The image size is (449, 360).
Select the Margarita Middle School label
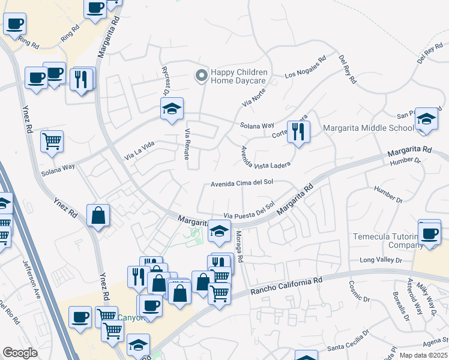368,128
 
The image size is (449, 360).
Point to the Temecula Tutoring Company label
389,241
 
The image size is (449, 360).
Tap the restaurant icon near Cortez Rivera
298,131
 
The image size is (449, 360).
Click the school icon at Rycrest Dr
172,109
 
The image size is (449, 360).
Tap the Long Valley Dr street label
380,260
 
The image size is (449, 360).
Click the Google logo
20,353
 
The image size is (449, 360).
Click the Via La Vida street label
139,151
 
